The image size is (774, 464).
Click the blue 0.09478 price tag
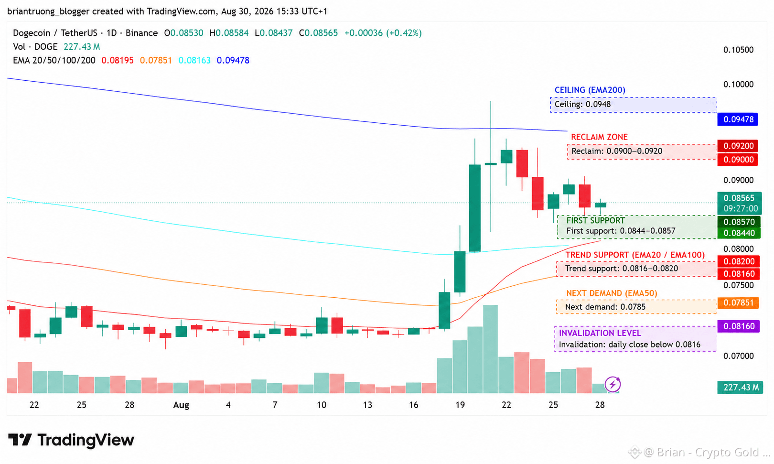point(737,119)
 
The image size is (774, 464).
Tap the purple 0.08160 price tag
point(738,326)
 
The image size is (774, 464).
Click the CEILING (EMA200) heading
point(590,90)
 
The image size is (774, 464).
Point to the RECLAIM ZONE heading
point(599,137)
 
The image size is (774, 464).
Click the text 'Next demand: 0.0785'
point(605,307)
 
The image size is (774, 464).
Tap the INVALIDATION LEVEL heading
point(600,333)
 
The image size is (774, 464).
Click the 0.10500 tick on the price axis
point(739,50)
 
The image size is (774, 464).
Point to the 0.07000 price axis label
point(739,356)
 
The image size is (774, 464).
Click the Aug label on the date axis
point(181,405)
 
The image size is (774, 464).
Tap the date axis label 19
point(460,405)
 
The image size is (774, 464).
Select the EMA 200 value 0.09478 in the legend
point(233,61)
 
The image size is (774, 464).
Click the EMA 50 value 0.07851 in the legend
point(156,61)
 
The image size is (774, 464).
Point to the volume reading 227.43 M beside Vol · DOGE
point(82,47)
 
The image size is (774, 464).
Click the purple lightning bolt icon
point(613,384)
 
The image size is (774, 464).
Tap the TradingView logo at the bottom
point(71,440)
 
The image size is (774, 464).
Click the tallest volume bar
point(490,349)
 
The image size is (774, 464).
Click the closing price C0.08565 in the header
point(318,33)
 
